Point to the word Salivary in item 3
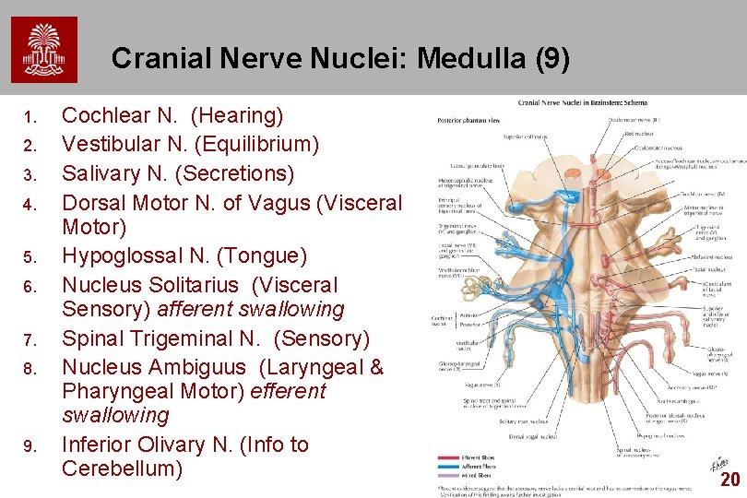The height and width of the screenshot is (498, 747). click(101, 173)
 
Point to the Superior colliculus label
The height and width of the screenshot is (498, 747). click(525, 136)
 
